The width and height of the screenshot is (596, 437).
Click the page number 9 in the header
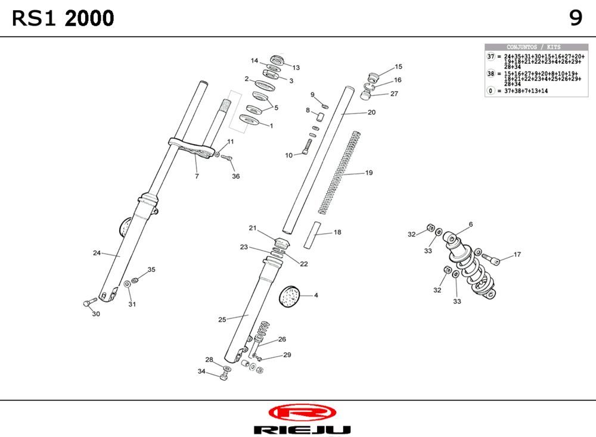(x=575, y=18)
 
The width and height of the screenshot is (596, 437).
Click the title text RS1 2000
(x=63, y=19)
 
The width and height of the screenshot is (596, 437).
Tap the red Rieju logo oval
(x=302, y=413)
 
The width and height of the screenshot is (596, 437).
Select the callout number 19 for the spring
(x=369, y=173)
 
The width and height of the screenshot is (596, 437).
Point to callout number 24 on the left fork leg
(x=97, y=253)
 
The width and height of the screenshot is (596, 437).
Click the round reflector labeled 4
(x=290, y=295)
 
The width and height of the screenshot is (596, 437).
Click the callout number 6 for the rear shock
(x=470, y=224)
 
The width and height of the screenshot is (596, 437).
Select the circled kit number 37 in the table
(x=491, y=57)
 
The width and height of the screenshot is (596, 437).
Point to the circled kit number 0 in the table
(x=491, y=91)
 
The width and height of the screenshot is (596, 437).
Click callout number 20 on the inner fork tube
(x=371, y=112)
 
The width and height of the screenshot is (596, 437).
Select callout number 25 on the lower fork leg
(x=222, y=320)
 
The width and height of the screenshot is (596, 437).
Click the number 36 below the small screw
(x=235, y=176)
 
